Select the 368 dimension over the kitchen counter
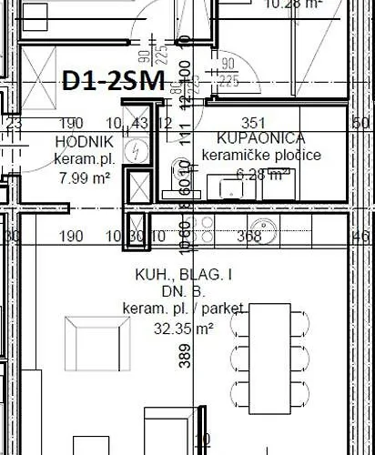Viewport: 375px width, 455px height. pos(248,237)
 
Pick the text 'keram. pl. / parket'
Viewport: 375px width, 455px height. pos(170,309)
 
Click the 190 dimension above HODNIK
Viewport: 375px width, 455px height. pos(71,123)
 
